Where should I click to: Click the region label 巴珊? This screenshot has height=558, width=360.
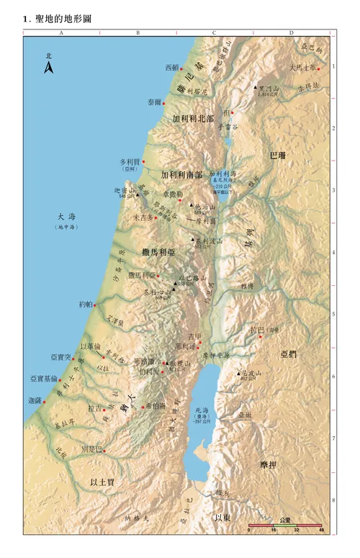click(277, 155)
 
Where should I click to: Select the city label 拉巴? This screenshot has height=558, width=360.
click(256, 330)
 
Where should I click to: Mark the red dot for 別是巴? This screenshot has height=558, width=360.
click(104, 451)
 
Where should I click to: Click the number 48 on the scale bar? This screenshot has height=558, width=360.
click(322, 530)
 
